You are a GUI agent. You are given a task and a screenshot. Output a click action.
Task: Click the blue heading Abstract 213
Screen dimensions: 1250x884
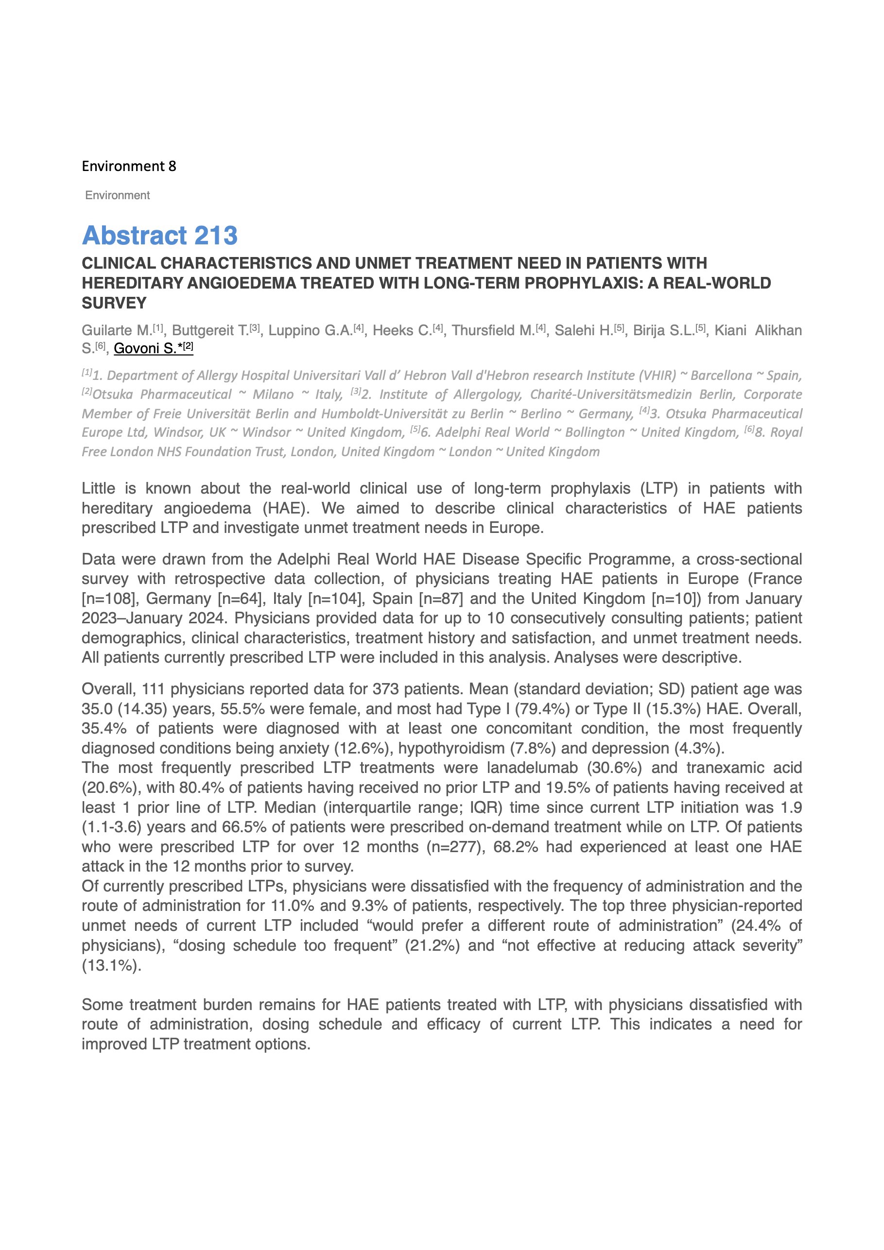pos(159,236)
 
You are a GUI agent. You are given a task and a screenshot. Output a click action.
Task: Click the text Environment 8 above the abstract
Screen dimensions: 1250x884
pos(129,166)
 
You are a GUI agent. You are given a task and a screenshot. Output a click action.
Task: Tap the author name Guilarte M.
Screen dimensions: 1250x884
pos(117,330)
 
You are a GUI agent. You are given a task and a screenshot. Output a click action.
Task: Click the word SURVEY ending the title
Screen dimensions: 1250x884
pos(114,303)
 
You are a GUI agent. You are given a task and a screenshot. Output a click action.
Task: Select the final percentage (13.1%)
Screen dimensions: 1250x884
pos(111,965)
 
